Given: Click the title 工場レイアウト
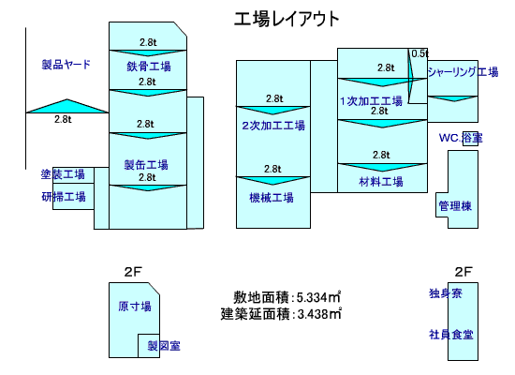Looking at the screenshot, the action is (287, 19).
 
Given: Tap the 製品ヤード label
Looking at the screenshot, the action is (66, 64).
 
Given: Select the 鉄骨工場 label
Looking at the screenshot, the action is (149, 67).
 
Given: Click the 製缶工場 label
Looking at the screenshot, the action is (146, 164).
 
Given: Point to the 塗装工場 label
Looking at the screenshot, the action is (63, 174).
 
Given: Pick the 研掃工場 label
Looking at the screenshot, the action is (64, 197).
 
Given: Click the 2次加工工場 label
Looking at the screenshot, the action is (273, 126).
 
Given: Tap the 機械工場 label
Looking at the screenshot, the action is (272, 198).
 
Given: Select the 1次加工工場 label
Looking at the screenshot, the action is (371, 101).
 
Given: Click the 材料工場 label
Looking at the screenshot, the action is (381, 181).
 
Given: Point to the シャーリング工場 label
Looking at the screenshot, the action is (463, 71).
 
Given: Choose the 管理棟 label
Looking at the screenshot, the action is (455, 206).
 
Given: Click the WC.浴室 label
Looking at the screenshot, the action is (461, 138).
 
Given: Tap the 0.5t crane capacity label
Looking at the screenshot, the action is (420, 53).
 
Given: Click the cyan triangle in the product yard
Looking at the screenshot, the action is (67, 106).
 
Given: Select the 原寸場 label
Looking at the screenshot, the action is (135, 307).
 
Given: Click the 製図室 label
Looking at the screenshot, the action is (164, 346).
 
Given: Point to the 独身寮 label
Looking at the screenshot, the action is (446, 293).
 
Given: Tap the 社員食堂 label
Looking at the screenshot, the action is (451, 335).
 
